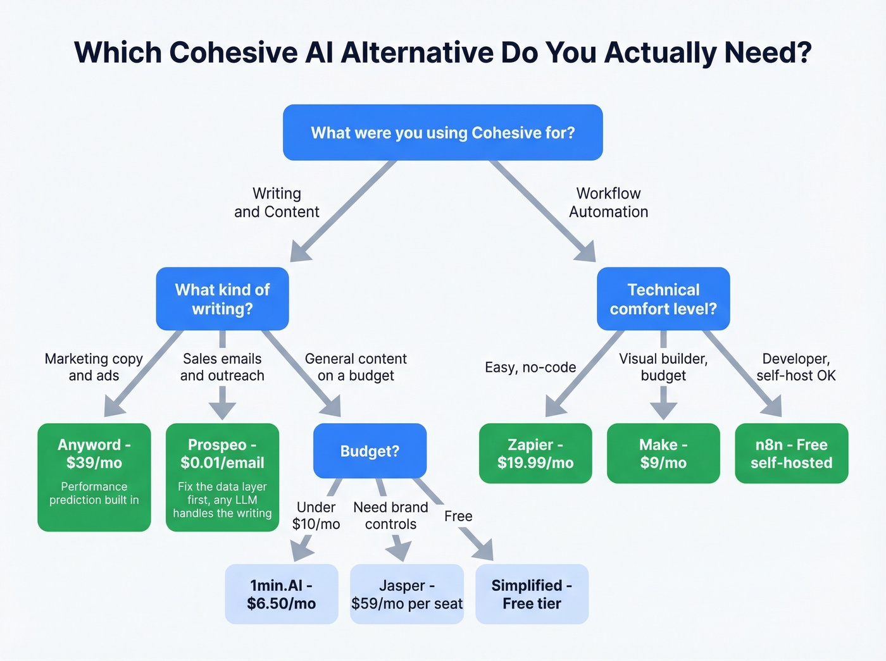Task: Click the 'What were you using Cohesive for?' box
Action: point(442,132)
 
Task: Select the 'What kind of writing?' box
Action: point(222,299)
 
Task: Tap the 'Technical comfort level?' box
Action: point(663,299)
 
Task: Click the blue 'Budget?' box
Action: point(370,451)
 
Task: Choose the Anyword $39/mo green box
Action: point(94,477)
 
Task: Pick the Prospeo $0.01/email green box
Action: point(222,477)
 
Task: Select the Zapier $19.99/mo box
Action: point(535,454)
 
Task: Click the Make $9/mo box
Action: point(663,454)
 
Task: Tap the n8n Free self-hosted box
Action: point(791,454)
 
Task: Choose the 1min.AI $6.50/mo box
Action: point(282,594)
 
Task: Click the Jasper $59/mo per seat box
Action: point(407,594)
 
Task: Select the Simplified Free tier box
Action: point(532,594)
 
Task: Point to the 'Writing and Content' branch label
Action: point(277,202)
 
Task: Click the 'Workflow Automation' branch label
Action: point(608,202)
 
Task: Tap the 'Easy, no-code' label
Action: point(530,368)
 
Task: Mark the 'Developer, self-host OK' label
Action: point(796,367)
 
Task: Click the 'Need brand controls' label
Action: point(390,516)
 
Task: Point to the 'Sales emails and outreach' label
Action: point(222,367)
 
